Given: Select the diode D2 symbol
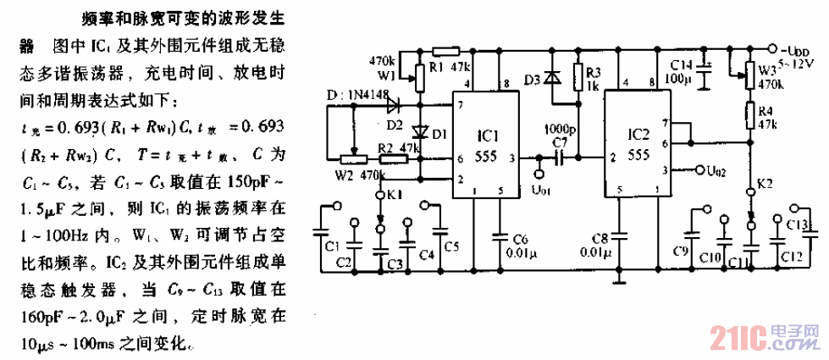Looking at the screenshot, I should click(x=392, y=107).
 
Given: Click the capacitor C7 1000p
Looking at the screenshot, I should click(x=558, y=158).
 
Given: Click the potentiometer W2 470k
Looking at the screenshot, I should click(x=350, y=158).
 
